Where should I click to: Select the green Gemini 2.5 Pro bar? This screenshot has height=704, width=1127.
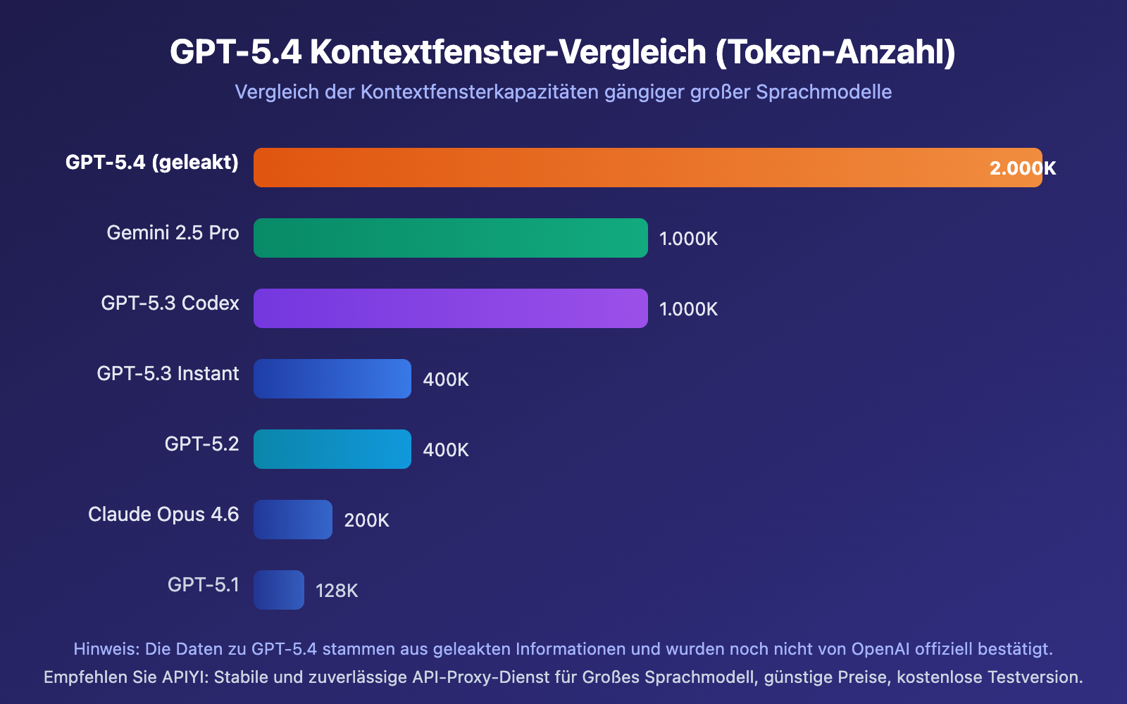tap(451, 238)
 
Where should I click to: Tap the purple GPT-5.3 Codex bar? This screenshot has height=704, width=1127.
tap(451, 308)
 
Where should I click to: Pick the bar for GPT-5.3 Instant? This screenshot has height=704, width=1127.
tap(332, 379)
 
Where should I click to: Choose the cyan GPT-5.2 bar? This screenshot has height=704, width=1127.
tap(332, 449)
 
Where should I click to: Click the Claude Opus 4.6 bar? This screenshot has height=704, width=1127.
tap(293, 520)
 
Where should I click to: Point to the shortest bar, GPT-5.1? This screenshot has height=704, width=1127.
tap(279, 590)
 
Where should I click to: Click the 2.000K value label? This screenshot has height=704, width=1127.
tap(1022, 168)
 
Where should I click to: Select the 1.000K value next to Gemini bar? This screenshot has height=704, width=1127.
tap(688, 239)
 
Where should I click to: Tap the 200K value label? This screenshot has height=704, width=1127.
tap(366, 520)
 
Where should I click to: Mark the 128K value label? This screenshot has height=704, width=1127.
tap(337, 591)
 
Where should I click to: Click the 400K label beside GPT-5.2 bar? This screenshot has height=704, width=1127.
tap(445, 450)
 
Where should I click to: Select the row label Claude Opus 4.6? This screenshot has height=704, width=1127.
tap(163, 515)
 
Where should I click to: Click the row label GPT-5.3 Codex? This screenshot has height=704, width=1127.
tap(170, 303)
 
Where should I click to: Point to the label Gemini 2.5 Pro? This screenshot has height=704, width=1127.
tap(173, 233)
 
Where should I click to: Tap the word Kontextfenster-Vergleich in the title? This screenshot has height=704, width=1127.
tap(508, 52)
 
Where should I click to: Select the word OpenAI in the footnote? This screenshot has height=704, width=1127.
tap(880, 649)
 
